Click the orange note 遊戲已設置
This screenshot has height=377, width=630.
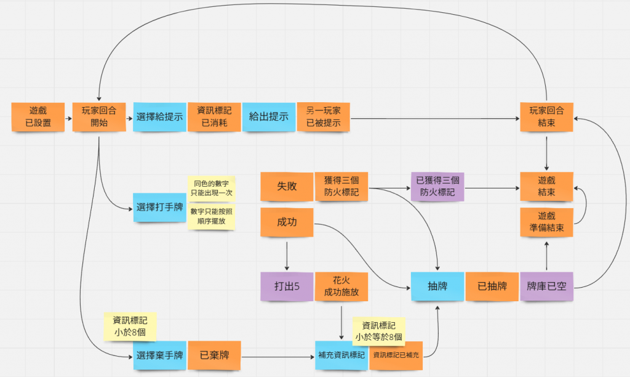coord(38,117)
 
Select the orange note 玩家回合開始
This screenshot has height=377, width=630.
coord(98,117)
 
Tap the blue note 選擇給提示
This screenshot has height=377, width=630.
coord(159,117)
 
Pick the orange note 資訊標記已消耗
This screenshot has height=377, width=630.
coord(214,117)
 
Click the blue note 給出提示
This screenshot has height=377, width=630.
coord(269,117)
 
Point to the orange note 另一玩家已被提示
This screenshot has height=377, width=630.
coord(324,117)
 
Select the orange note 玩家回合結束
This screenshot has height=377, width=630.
coord(546,117)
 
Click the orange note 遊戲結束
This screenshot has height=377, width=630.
coord(546,187)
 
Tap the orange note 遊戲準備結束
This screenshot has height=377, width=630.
coord(546,222)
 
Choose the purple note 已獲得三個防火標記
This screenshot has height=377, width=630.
coord(437,187)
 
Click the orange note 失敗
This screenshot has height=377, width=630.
coord(287,187)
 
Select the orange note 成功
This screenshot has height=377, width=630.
coord(287,222)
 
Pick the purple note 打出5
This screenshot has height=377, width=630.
coord(287,286)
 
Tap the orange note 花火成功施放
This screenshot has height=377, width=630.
coord(341,286)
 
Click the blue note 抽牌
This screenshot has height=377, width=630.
coord(437,286)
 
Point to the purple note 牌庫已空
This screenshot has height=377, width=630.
coord(546,286)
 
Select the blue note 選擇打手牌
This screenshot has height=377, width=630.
coord(159,207)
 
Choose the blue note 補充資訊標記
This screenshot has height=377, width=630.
coord(341,355)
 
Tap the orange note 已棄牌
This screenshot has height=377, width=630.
coord(215,355)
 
